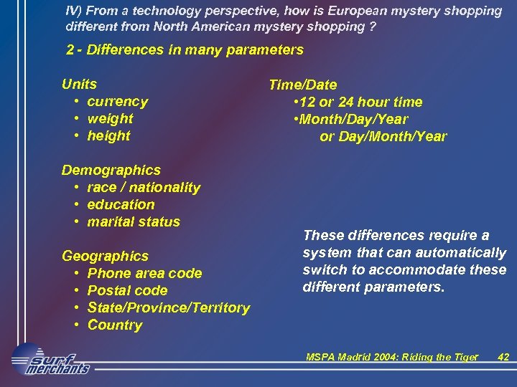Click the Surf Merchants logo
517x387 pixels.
(50, 361)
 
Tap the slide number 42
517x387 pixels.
(503, 357)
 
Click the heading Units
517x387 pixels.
(79, 84)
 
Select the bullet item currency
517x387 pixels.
(117, 102)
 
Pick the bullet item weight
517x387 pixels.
(110, 118)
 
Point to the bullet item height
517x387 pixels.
(108, 135)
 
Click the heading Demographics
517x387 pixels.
(111, 170)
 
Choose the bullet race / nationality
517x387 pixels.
(144, 187)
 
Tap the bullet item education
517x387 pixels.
(121, 204)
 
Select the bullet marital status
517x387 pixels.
(134, 221)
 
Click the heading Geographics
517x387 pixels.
(106, 256)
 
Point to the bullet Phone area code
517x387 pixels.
(144, 273)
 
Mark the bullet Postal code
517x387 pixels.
(127, 290)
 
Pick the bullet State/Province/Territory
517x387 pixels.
(169, 307)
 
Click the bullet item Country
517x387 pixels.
(115, 325)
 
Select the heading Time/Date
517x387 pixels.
(302, 85)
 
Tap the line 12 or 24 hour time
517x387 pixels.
(359, 102)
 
